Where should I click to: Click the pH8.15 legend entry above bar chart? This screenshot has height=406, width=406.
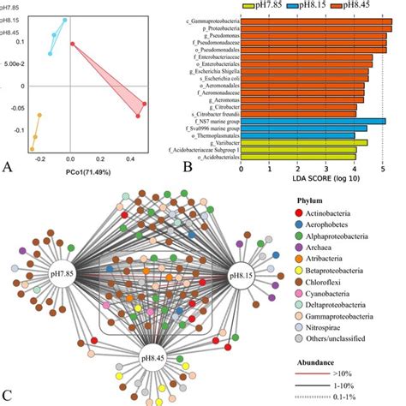(x=304, y=5)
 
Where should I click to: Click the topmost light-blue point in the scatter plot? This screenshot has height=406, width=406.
(x=64, y=19)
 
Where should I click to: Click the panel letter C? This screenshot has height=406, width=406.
(x=7, y=396)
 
